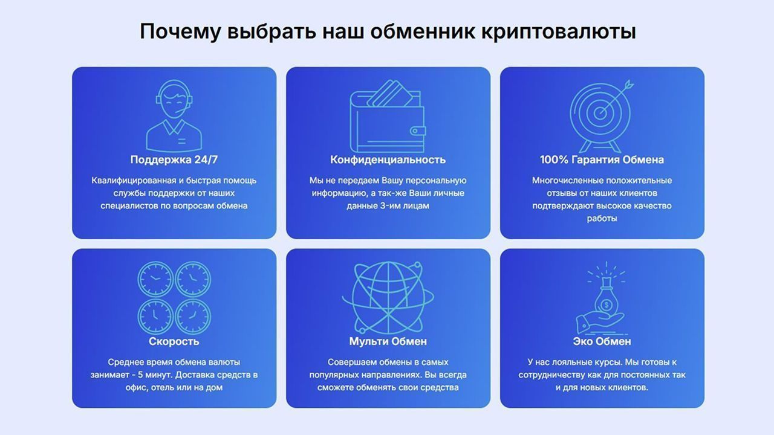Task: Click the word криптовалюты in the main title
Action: pos(558,32)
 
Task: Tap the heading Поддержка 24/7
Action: pos(174,160)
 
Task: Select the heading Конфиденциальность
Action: pos(388,160)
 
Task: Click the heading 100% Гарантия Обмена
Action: pos(602,160)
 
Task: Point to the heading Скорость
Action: pos(174,341)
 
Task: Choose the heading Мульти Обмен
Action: pos(388,341)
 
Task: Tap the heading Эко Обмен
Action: pos(602,341)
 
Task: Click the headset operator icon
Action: pos(174,116)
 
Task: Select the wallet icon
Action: pos(388,116)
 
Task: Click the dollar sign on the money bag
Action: pos(606,305)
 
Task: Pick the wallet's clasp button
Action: pos(418,131)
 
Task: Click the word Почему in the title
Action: pos(180,32)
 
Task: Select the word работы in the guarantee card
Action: pos(602,219)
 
